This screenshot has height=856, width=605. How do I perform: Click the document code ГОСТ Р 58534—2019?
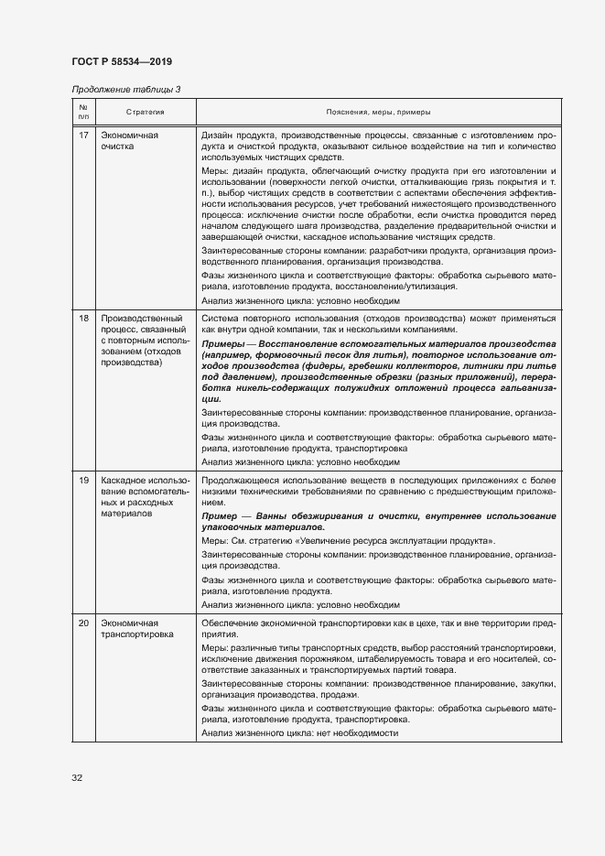click(x=121, y=61)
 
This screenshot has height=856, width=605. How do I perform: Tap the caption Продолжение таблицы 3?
click(x=125, y=89)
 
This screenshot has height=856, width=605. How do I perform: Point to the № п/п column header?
click(x=83, y=112)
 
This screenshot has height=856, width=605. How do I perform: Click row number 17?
click(x=83, y=135)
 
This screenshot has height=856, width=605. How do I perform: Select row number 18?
click(x=83, y=318)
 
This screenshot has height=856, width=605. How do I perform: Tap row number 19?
click(x=83, y=480)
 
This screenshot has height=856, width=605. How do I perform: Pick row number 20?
click(x=83, y=623)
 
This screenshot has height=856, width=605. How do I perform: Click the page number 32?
click(x=77, y=777)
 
